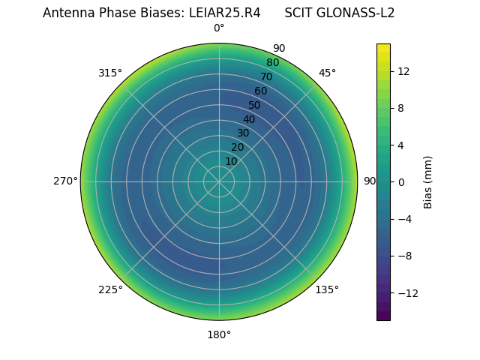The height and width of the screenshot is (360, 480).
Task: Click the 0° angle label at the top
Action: (219, 28)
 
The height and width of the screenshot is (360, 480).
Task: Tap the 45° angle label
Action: (327, 73)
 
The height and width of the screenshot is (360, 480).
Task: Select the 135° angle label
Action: (327, 289)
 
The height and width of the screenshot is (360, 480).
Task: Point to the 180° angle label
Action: (219, 334)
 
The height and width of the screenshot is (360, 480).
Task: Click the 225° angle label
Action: (110, 289)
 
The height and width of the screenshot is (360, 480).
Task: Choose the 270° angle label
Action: (65, 181)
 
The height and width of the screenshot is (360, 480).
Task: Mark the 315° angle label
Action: (110, 73)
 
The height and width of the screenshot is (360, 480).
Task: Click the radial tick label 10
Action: (231, 161)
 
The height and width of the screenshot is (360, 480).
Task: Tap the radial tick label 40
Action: (249, 119)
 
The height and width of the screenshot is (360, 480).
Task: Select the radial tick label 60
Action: (260, 91)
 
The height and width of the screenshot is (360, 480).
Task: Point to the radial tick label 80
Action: (272, 63)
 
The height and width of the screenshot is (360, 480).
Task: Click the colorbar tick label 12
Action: (403, 71)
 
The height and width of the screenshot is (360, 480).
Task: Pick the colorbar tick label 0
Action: (401, 181)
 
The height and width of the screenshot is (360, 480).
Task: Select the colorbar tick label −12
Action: (406, 292)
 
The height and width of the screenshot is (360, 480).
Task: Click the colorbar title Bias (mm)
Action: (428, 181)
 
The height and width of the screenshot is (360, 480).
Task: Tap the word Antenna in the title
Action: (66, 13)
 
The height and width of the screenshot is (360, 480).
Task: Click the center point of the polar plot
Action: (219, 181)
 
